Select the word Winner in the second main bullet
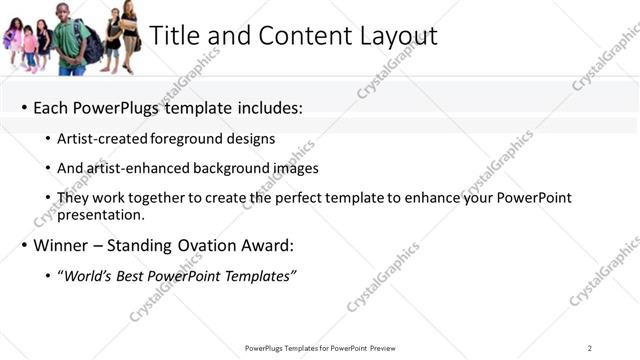pyautogui.click(x=60, y=245)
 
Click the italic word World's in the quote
pyautogui.click(x=88, y=275)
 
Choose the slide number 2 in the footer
pyautogui.click(x=590, y=348)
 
